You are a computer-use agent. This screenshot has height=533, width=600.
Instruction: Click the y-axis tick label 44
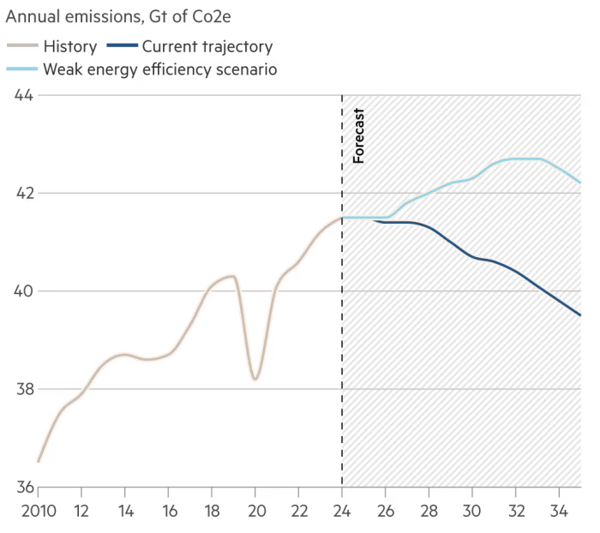[x=21, y=94]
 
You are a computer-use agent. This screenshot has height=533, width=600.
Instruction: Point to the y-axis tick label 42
[x=21, y=193]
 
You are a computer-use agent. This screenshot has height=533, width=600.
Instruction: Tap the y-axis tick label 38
[x=21, y=389]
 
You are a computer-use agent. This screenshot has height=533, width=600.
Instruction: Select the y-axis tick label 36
[x=21, y=487]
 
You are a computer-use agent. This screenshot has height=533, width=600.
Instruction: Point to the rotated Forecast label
[x=359, y=136]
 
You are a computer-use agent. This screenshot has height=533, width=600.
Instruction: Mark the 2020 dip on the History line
[x=255, y=378]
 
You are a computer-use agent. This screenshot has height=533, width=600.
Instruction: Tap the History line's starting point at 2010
[x=39, y=462]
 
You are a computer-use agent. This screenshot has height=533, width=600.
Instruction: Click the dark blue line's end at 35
[x=580, y=315]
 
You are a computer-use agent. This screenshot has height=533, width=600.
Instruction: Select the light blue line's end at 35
[x=580, y=183]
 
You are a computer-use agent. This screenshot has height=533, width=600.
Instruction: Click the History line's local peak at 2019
[x=232, y=276]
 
